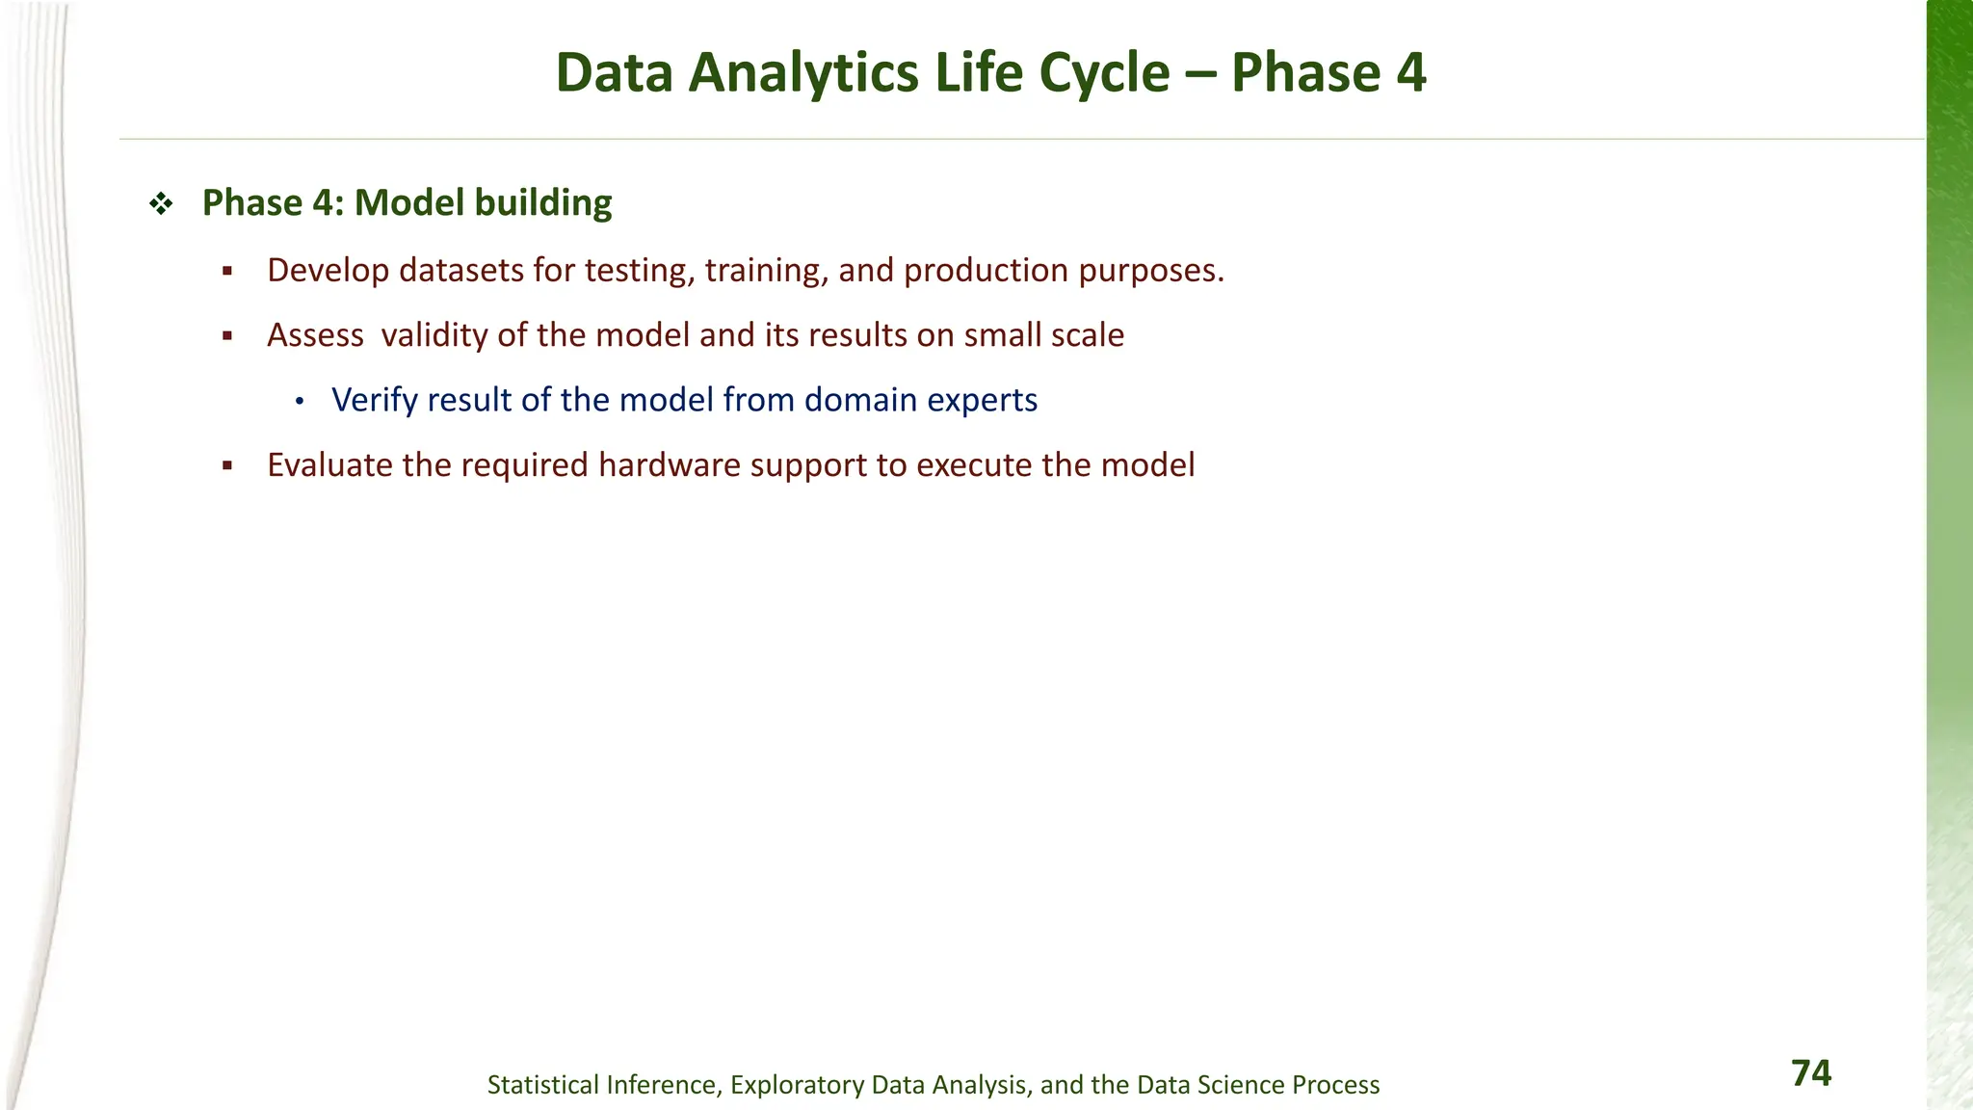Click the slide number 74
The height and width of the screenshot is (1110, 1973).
tap(1810, 1073)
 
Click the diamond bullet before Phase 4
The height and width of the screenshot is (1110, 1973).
tap(161, 203)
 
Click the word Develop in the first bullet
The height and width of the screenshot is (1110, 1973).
tap(328, 271)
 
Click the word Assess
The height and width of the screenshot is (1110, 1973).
tap(315, 335)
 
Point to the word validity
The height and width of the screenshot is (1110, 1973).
tap(434, 335)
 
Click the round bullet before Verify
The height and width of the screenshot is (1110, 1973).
tap(300, 401)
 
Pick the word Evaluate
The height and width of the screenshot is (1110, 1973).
tap(329, 465)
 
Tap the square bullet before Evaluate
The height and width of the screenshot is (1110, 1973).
tap(227, 466)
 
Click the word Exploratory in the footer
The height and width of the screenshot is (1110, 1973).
tap(797, 1085)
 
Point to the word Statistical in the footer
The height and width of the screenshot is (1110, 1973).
tap(543, 1085)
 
